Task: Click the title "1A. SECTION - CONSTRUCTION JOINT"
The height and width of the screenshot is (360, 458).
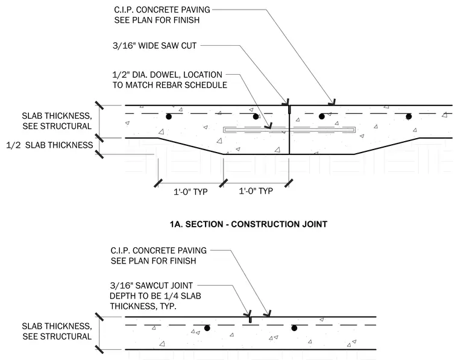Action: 248,224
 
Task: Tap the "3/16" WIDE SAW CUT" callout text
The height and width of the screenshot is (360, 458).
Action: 154,46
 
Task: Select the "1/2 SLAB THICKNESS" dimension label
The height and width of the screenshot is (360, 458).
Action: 49,145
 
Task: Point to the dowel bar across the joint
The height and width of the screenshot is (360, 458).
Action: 289,130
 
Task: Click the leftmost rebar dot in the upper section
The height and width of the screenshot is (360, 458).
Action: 169,116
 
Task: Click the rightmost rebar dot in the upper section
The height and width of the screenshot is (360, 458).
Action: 409,116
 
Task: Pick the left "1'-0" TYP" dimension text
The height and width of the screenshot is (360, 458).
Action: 190,192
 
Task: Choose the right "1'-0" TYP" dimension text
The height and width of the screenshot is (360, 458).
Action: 256,191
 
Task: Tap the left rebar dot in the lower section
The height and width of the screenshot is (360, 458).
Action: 207,328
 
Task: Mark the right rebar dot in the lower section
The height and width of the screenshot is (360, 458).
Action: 294,328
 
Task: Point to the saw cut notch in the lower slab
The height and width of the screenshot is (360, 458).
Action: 250,320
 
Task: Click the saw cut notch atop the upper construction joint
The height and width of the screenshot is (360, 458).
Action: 289,109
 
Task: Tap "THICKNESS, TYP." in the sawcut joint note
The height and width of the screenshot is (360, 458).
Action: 143,306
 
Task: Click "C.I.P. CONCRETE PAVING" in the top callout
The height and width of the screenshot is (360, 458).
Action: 162,10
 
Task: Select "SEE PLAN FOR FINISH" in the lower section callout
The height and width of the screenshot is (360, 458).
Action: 153,261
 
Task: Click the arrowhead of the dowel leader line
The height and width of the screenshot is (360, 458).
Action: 268,126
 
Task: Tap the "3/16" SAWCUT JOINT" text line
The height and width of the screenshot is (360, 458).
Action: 151,285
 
